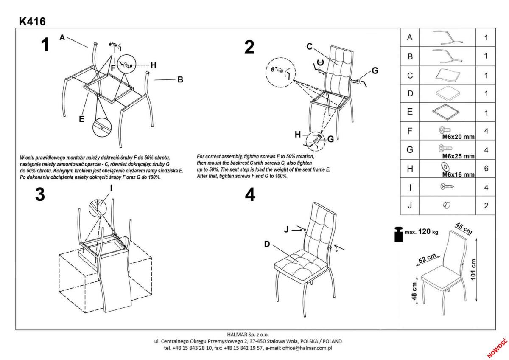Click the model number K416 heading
click(x=32, y=21)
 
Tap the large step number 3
click(x=40, y=195)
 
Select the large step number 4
click(x=250, y=195)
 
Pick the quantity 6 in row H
click(x=486, y=168)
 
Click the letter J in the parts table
click(x=409, y=206)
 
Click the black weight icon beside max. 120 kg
click(x=398, y=234)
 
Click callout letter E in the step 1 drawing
click(x=81, y=119)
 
